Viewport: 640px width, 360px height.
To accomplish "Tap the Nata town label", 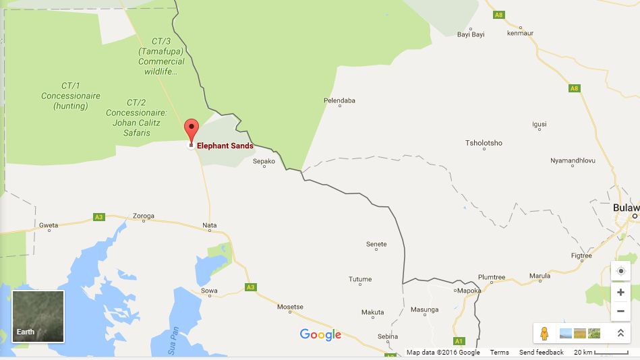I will coord(210,225).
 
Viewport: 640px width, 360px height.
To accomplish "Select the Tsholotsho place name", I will coord(484,143).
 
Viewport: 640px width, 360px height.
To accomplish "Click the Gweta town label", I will coord(49,225).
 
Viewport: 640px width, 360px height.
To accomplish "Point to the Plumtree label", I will coord(491,277).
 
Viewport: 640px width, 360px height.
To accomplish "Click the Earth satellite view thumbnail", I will coord(38,316).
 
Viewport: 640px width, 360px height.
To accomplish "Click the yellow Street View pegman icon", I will coord(544,333).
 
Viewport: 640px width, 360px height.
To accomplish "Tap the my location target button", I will coord(620,271).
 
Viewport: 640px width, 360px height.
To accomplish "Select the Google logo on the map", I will coord(320,334).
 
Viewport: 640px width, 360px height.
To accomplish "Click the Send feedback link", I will coord(541,353).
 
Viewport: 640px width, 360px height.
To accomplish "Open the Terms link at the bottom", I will coord(499,353).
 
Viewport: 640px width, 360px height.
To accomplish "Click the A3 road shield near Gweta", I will coord(99,217).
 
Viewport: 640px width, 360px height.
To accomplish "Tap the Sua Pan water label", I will coord(174,340).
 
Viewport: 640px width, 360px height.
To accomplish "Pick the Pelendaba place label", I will coord(339,101).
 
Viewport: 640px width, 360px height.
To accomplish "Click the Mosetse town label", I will coord(290,307).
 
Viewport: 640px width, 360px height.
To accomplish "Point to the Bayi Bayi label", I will coord(471,34).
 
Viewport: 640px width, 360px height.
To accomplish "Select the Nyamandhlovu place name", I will coord(573,160).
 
